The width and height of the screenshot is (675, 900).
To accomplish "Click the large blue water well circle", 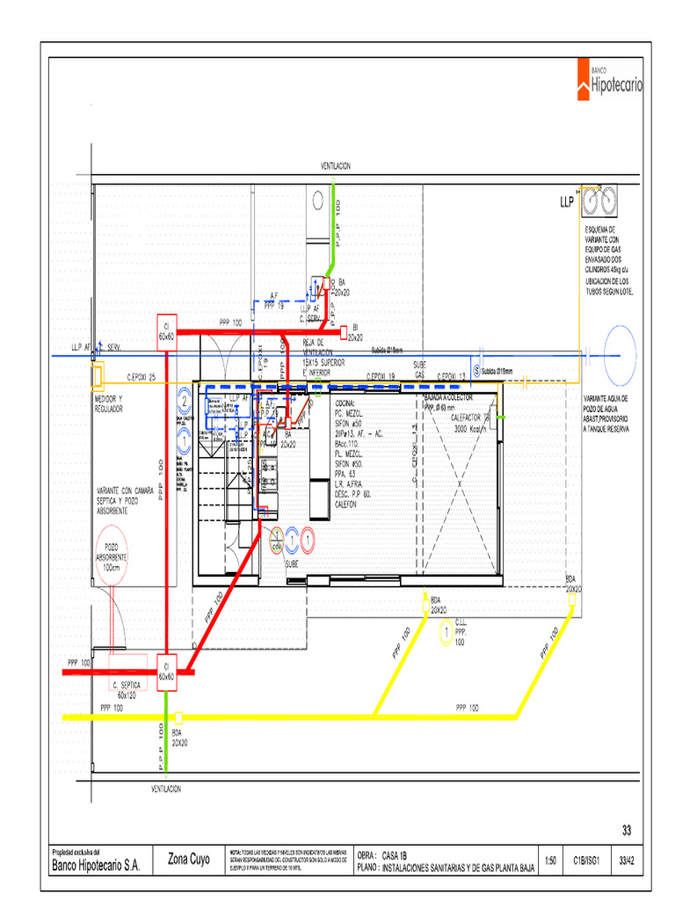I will point(620,354).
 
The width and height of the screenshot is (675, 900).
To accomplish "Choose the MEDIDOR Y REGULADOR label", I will point(109,403).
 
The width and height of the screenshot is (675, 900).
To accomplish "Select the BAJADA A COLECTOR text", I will point(448,398).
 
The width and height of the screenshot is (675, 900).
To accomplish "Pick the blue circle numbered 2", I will point(185,401).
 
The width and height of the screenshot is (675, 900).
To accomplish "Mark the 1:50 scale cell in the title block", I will point(550,862).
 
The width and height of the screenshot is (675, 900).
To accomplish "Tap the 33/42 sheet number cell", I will point(628,862).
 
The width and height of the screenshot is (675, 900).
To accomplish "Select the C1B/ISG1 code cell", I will point(586,862).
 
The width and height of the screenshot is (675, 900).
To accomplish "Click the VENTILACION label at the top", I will point(336,166).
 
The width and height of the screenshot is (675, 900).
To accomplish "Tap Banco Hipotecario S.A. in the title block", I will point(97,865).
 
